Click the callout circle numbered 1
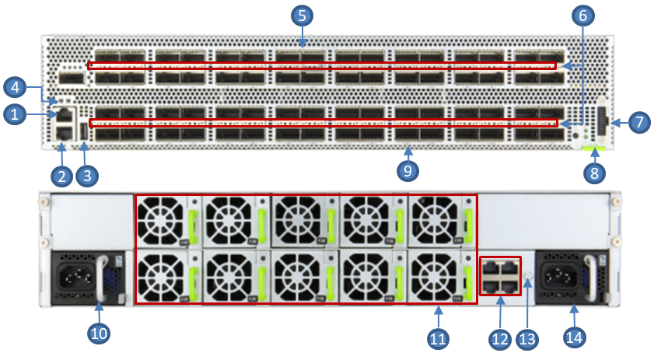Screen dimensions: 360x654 [x=14, y=114]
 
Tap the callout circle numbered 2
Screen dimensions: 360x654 [x=61, y=176]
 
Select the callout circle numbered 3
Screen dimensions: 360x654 [x=86, y=176]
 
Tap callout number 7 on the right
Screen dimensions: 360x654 [x=638, y=122]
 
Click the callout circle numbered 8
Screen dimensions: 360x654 [x=595, y=173]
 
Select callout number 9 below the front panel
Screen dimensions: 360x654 [x=407, y=170]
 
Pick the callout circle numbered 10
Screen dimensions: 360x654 [x=99, y=333]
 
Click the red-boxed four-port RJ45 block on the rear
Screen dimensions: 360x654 [x=500, y=274]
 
